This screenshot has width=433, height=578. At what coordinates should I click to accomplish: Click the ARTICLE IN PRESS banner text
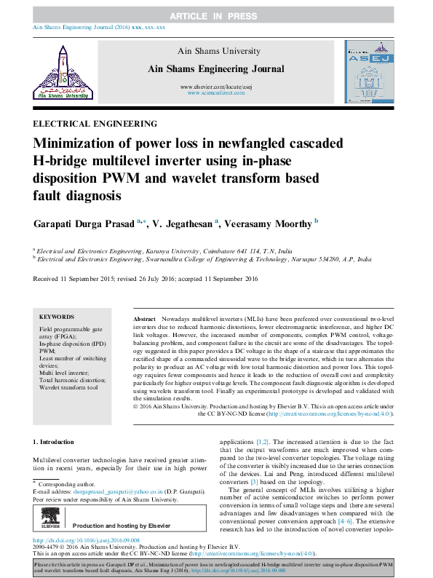click(216, 15)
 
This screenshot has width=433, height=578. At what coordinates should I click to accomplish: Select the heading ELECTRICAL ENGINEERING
click(95, 124)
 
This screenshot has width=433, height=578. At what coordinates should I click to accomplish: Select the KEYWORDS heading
click(56, 317)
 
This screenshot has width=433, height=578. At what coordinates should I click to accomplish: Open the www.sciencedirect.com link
click(216, 94)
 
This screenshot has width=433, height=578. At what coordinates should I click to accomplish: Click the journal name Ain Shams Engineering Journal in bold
click(216, 69)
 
